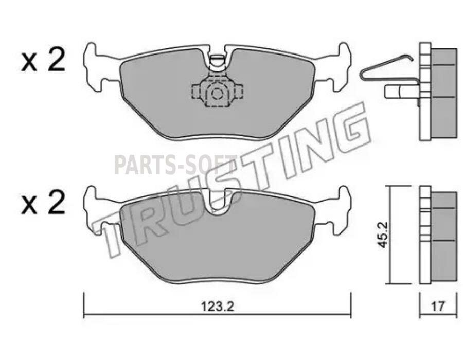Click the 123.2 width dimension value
click(x=217, y=307)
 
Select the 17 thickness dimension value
click(x=438, y=307)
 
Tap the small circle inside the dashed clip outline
click(x=217, y=94)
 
